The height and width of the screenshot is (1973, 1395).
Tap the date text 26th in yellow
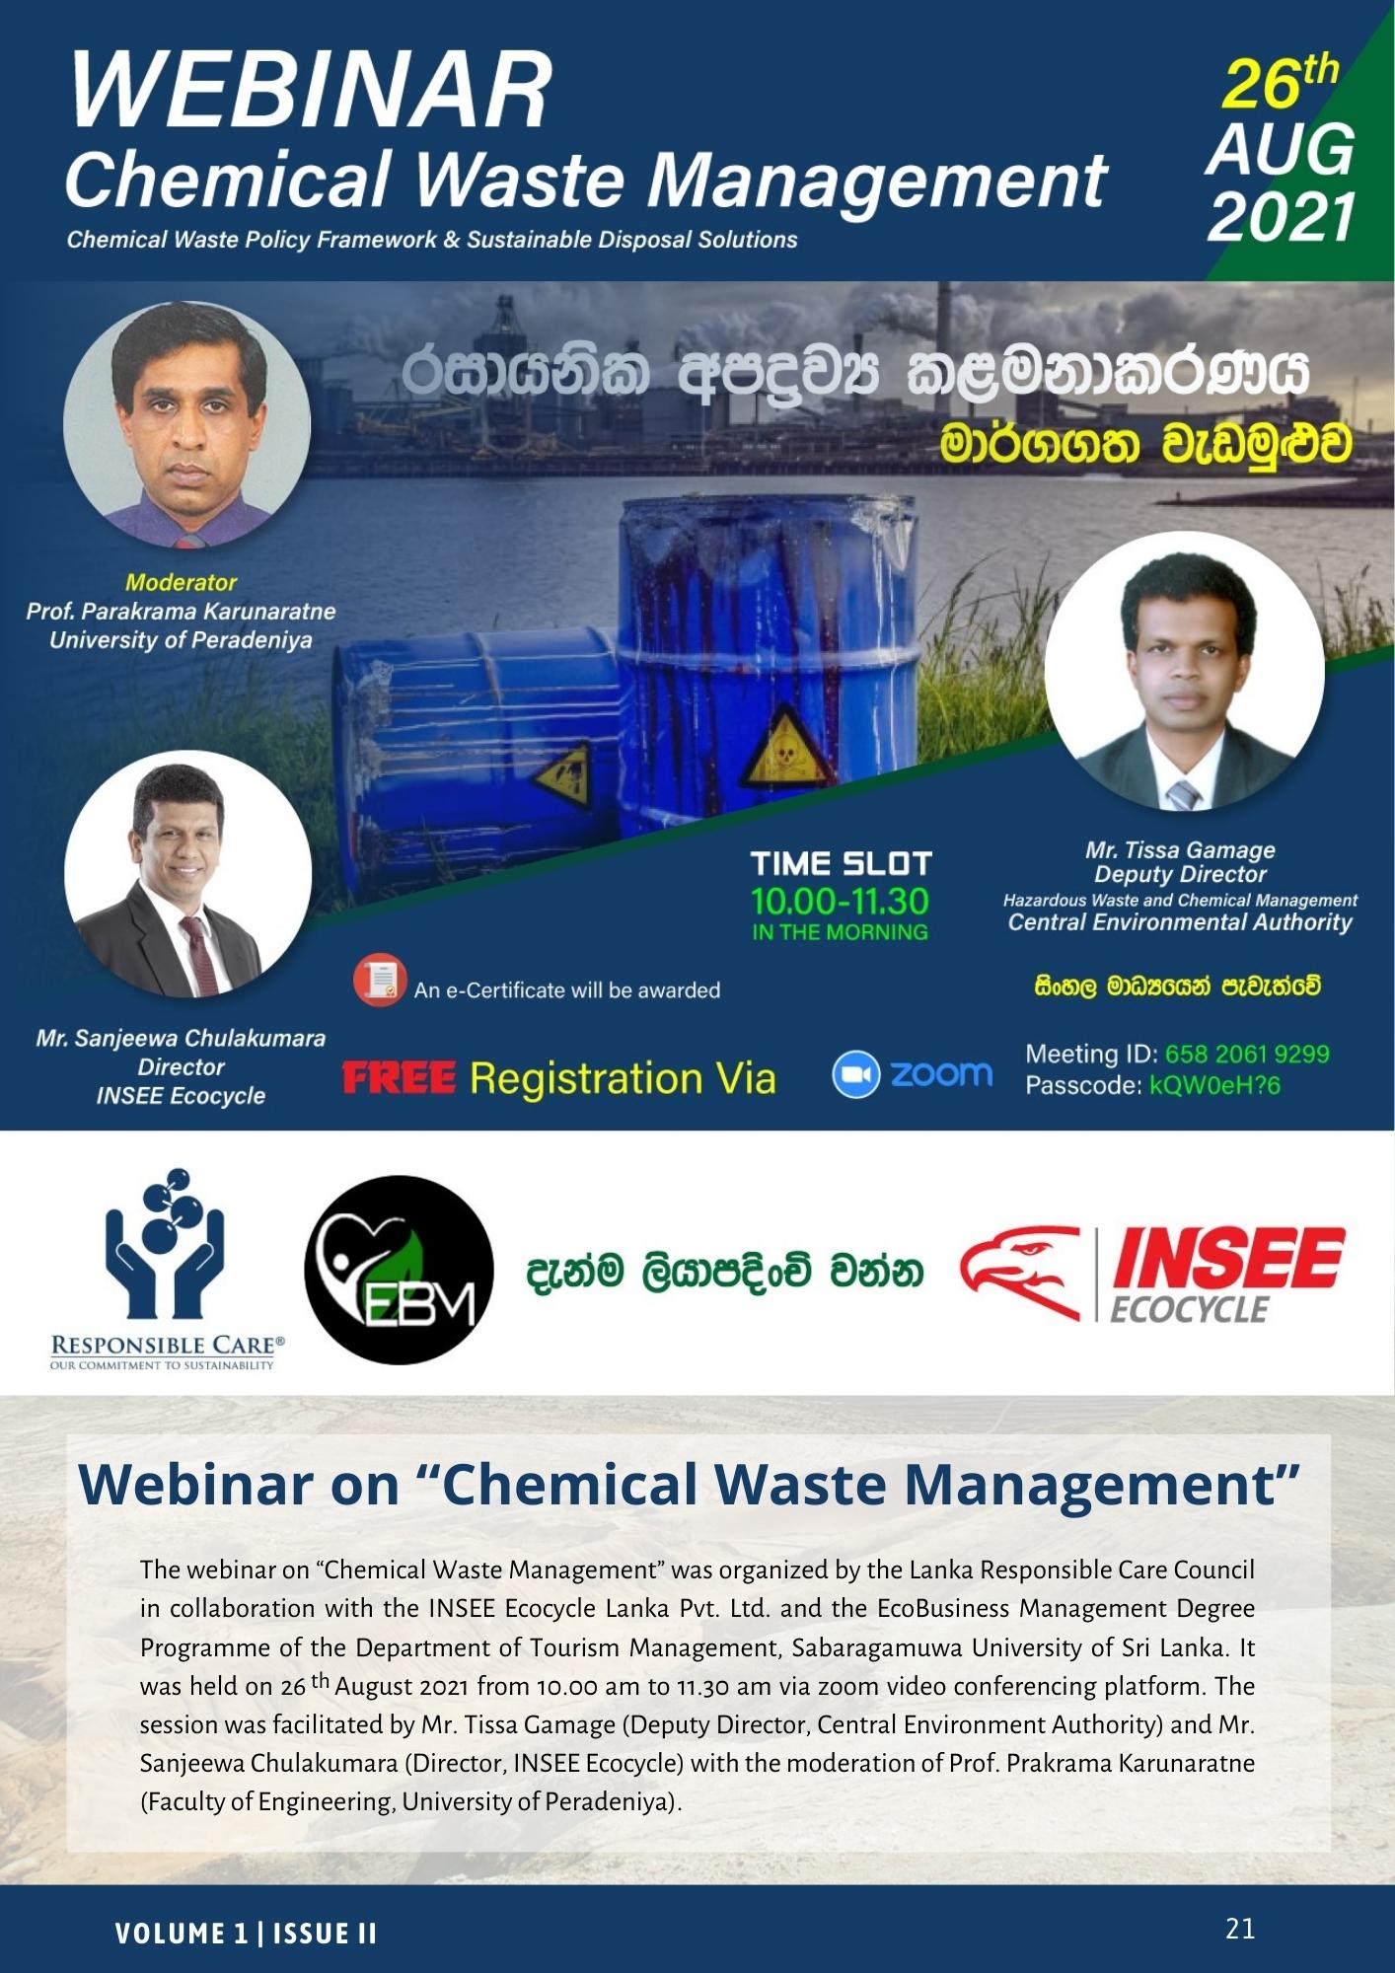click(x=1280, y=84)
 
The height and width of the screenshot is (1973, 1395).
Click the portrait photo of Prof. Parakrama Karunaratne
click(x=186, y=424)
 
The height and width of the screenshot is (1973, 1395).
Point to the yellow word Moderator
click(x=182, y=582)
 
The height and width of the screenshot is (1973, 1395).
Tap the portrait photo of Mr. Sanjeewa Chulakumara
click(x=187, y=874)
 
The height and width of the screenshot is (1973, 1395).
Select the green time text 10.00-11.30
click(x=841, y=901)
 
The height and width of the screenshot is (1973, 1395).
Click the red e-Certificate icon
click(x=379, y=982)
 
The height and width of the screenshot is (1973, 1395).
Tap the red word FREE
click(x=399, y=1078)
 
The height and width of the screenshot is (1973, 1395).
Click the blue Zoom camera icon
click(x=855, y=1075)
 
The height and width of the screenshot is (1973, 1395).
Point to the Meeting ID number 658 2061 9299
click(x=1247, y=1054)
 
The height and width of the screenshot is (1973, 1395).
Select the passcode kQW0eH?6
click(x=1214, y=1086)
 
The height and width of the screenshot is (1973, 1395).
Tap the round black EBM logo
click(x=399, y=1271)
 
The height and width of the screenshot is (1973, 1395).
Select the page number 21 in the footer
click(x=1240, y=1928)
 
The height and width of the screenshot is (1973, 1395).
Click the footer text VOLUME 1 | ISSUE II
click(x=246, y=1934)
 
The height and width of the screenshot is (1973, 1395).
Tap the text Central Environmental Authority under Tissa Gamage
click(x=1180, y=922)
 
